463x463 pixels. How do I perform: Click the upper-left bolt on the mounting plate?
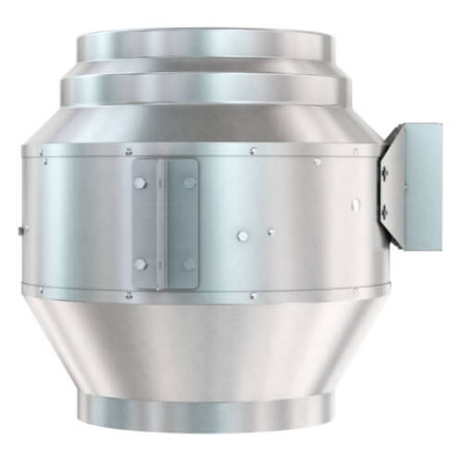(142, 181)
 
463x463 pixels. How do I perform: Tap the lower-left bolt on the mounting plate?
(141, 264)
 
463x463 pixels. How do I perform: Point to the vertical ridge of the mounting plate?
(164, 223)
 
